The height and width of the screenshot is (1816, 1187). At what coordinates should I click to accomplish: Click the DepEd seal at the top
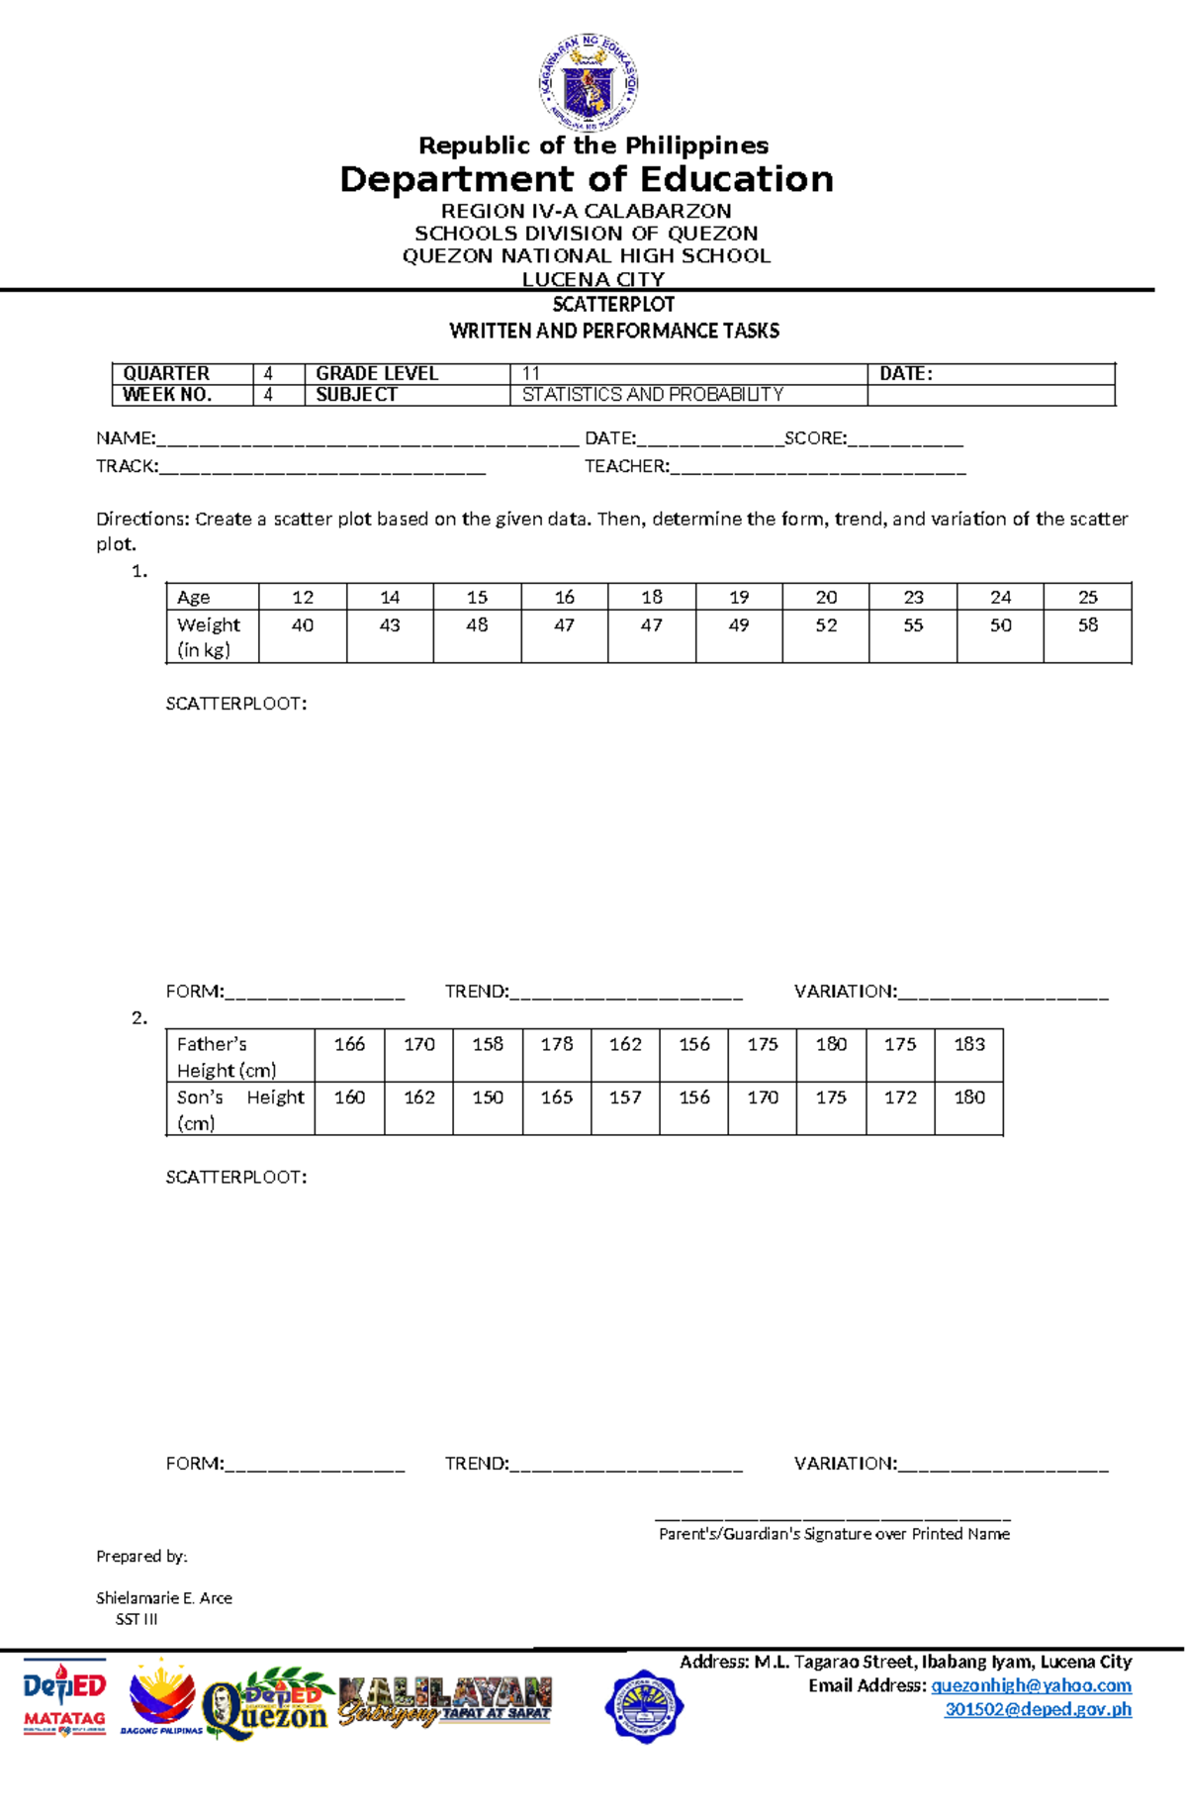click(x=589, y=83)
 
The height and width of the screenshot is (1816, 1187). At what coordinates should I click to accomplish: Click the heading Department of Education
click(x=587, y=179)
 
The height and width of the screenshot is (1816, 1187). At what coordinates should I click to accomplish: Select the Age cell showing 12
click(x=303, y=597)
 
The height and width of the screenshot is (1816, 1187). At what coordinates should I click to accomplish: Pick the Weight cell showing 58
click(x=1087, y=625)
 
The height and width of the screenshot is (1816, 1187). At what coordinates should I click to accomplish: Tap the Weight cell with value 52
click(x=826, y=625)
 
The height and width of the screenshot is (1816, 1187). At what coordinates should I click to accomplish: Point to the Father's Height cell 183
click(x=968, y=1044)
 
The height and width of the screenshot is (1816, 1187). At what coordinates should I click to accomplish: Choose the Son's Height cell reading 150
click(x=488, y=1098)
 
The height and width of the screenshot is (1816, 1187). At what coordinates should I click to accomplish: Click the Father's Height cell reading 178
click(x=557, y=1044)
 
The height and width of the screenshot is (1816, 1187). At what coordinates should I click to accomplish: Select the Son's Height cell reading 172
click(x=900, y=1098)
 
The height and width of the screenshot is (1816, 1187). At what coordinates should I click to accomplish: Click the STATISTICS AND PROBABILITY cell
click(x=653, y=395)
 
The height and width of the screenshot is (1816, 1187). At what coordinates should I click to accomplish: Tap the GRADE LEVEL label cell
click(x=377, y=373)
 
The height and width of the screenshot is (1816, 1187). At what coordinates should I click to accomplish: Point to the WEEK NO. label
click(x=167, y=395)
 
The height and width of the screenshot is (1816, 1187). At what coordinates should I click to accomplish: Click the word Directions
click(x=141, y=519)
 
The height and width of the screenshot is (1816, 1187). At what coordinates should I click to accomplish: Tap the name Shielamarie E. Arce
click(x=164, y=1597)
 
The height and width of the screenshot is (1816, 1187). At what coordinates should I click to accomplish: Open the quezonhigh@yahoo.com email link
click(x=1031, y=1685)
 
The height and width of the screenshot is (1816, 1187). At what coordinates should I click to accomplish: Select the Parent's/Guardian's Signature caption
click(x=834, y=1534)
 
